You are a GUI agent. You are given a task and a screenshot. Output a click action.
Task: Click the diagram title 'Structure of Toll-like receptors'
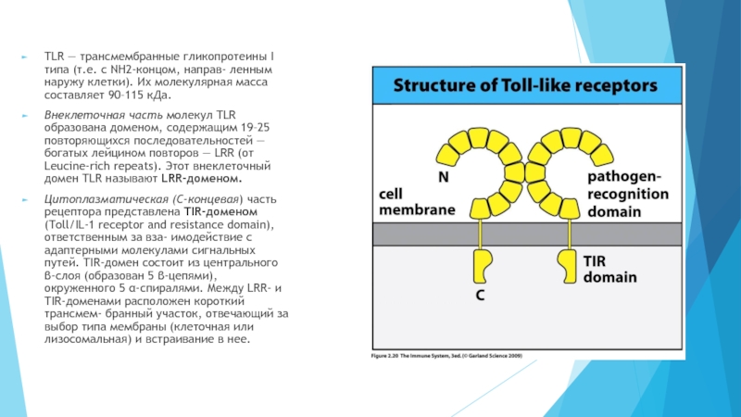click(x=527, y=85)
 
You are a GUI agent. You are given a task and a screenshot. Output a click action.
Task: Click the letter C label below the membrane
click(x=481, y=296)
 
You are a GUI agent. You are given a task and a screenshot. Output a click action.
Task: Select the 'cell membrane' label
click(x=417, y=202)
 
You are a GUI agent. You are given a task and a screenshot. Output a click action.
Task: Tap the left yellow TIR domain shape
click(x=482, y=265)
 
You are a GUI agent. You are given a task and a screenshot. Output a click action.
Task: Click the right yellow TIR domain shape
click(x=564, y=265)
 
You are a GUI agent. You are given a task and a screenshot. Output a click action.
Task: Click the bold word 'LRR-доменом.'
click(x=207, y=178)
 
